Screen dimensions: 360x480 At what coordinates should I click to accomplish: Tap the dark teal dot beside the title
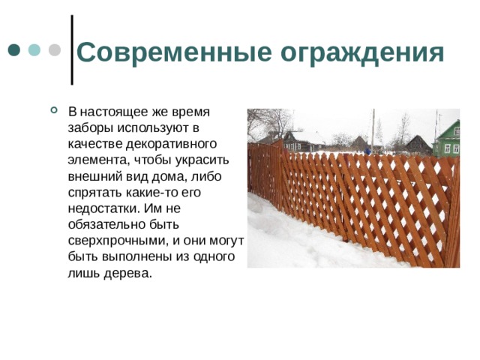[14, 49]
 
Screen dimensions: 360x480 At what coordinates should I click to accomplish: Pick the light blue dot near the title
[34, 49]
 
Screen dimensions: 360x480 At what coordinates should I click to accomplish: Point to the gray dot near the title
[54, 49]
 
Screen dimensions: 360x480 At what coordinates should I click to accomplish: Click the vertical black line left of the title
[71, 49]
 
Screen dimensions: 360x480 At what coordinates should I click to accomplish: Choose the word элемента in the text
[94, 160]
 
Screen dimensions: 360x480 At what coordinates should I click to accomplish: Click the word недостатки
[101, 208]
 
